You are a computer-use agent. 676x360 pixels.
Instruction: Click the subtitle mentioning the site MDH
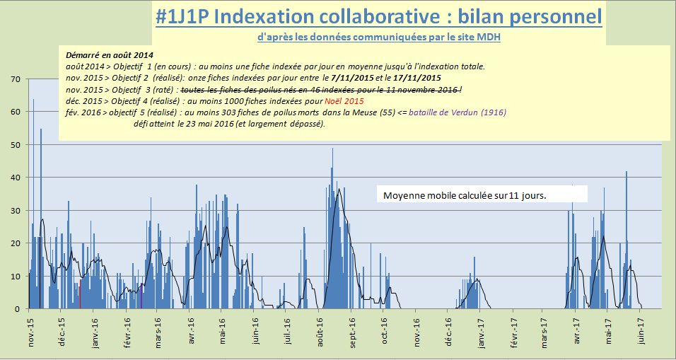click(x=379, y=37)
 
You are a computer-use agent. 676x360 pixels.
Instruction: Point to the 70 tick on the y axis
click(x=15, y=79)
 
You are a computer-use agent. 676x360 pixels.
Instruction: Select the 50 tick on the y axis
click(x=15, y=145)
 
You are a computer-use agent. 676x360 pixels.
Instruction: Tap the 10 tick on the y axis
click(x=15, y=277)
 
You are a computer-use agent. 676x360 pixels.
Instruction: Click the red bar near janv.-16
click(x=80, y=294)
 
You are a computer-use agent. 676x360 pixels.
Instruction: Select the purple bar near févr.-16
click(x=141, y=296)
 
